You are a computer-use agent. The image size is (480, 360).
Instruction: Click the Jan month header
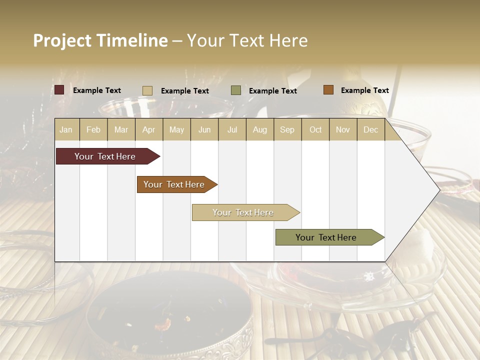[x=66, y=129]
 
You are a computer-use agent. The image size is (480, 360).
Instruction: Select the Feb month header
[x=93, y=129]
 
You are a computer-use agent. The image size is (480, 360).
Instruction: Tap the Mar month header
[x=121, y=129]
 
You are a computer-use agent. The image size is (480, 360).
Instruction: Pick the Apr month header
[x=149, y=129]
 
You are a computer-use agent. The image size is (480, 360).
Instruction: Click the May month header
[x=176, y=129]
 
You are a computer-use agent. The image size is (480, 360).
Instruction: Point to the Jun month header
[x=204, y=129]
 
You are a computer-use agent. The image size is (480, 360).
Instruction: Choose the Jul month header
[x=232, y=129]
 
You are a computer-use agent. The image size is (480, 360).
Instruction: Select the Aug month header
[x=260, y=129]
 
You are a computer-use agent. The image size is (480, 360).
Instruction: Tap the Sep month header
[x=287, y=129]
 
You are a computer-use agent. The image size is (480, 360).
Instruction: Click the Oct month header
[x=315, y=129]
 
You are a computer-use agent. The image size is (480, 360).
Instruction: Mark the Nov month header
[x=343, y=129]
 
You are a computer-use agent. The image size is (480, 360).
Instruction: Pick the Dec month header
[x=371, y=129]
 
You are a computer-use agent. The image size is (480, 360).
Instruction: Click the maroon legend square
[x=59, y=90]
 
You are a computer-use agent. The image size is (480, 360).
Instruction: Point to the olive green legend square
[x=236, y=90]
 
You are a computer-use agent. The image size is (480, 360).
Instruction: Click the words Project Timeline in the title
[x=100, y=40]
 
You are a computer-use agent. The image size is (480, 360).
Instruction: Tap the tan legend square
[x=147, y=90]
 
